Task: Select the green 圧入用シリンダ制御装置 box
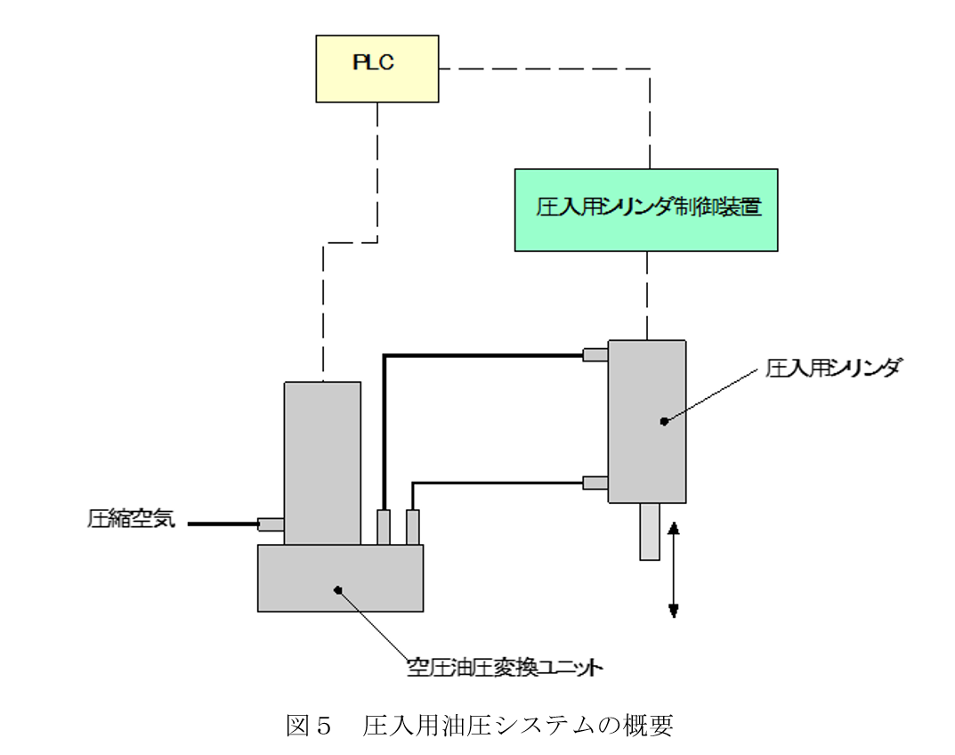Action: click(646, 209)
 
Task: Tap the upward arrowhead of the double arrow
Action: click(674, 527)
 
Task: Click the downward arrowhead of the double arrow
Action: click(674, 610)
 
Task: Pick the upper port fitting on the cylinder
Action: click(595, 355)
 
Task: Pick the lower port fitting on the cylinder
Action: click(595, 483)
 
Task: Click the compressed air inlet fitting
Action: click(271, 524)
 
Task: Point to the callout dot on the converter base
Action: click(337, 589)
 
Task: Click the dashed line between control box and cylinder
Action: click(650, 295)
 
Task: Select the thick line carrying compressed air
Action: click(223, 524)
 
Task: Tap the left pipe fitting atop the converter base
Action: click(384, 526)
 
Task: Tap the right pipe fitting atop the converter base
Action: click(412, 526)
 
